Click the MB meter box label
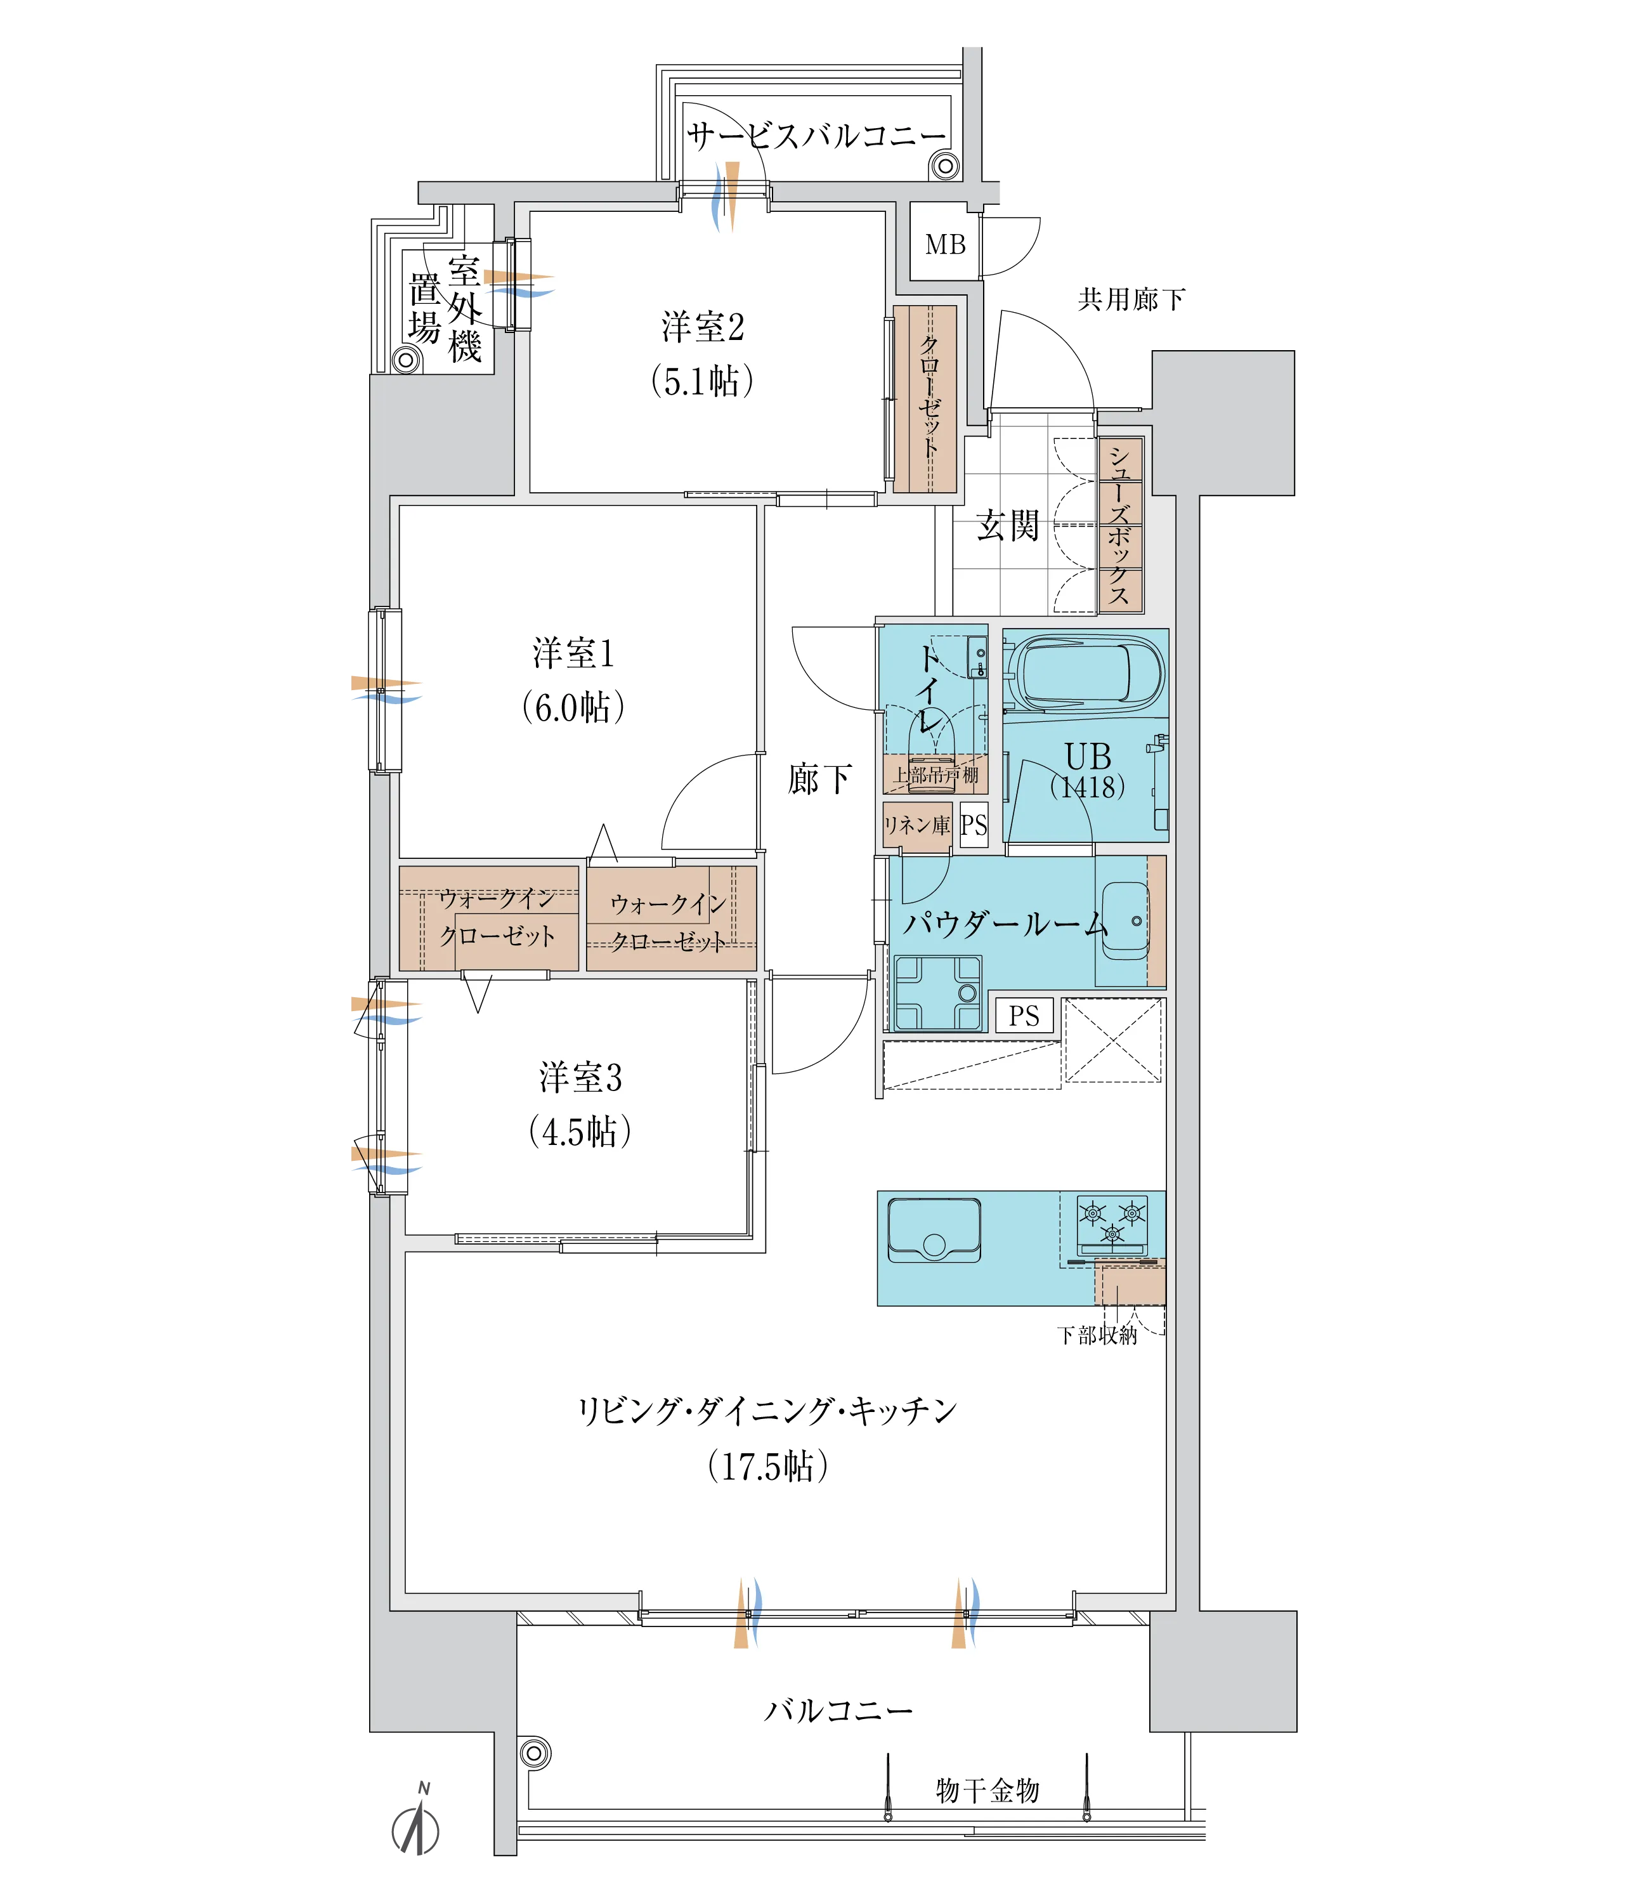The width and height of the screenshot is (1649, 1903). [x=945, y=245]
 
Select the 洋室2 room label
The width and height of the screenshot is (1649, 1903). [x=703, y=327]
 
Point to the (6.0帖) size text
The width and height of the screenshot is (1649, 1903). [x=573, y=707]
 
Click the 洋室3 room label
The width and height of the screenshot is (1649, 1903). [x=581, y=1078]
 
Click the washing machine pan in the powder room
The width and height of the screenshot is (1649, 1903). [x=937, y=993]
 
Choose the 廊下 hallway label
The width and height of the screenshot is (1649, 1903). [x=820, y=778]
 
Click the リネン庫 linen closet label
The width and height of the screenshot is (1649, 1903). [x=916, y=825]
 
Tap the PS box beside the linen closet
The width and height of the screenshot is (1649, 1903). [x=974, y=825]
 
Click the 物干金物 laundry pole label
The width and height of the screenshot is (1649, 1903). [x=987, y=1790]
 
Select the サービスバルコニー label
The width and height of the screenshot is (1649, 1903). [x=816, y=136]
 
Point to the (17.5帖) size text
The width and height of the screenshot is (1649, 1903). [x=768, y=1466]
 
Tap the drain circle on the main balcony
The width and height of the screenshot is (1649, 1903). [x=535, y=1753]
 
